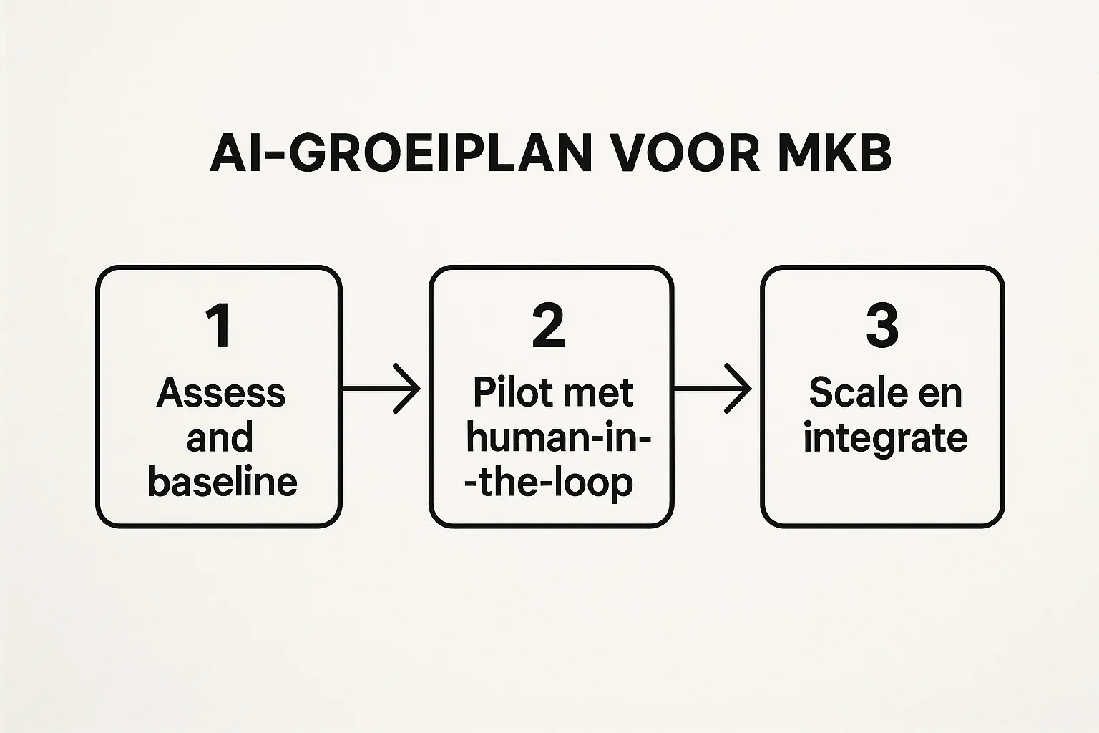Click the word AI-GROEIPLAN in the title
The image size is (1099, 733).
point(401,152)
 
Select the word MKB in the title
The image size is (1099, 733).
point(834,152)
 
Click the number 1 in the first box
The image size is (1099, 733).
point(219,326)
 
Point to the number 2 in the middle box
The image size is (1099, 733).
point(549,326)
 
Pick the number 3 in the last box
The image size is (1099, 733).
point(881,326)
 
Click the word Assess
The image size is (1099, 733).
point(221,393)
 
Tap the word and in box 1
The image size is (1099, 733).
point(220,437)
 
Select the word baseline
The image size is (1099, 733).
point(222,482)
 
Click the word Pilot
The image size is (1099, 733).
point(513,392)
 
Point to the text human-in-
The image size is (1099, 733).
point(558,437)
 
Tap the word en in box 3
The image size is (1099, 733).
point(942,393)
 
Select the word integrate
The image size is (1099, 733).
point(885,438)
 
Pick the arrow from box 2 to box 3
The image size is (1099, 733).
point(713,389)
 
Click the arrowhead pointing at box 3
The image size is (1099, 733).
point(741,389)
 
